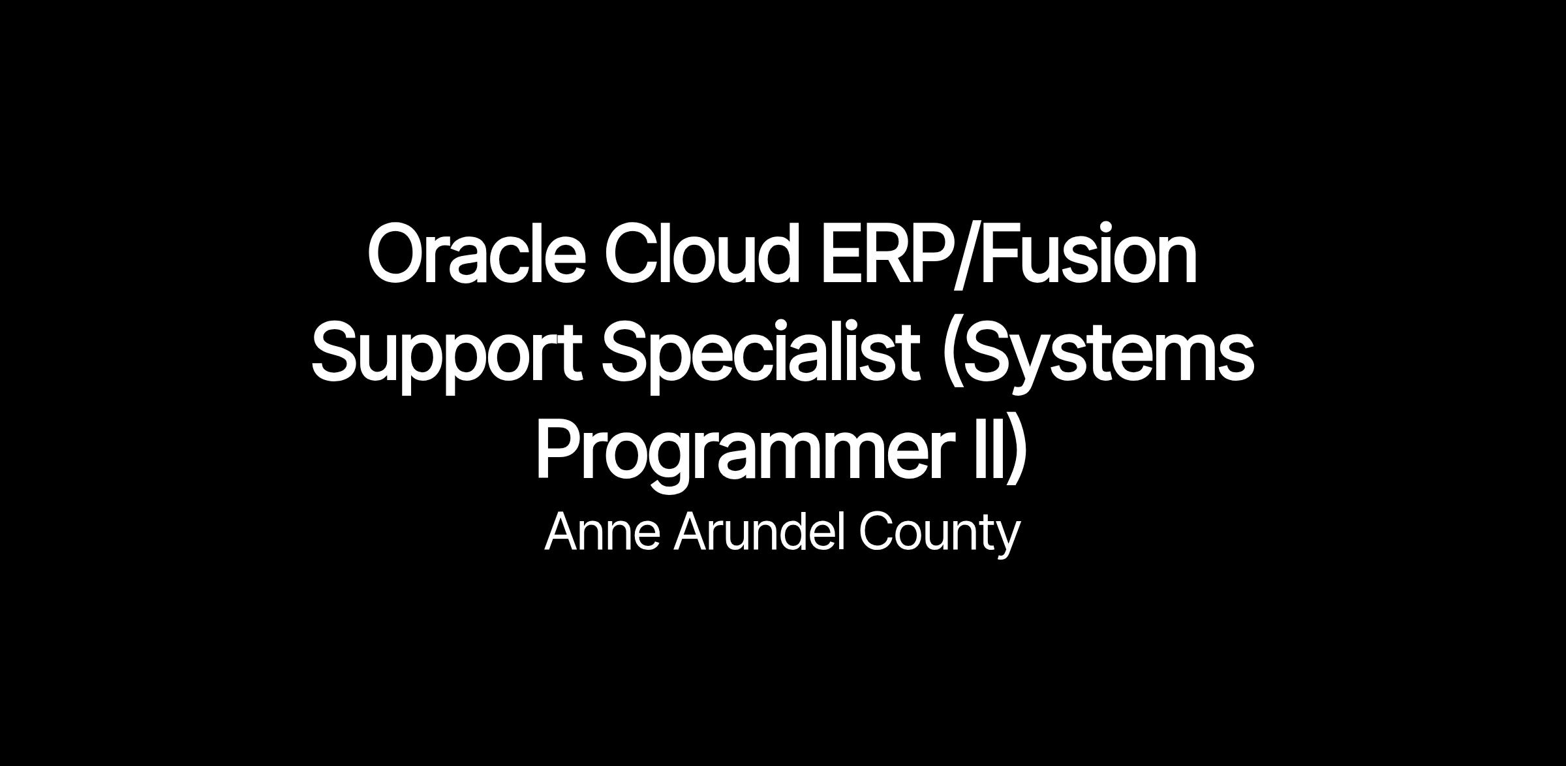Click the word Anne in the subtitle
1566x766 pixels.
(602, 532)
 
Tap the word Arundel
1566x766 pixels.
(756, 532)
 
